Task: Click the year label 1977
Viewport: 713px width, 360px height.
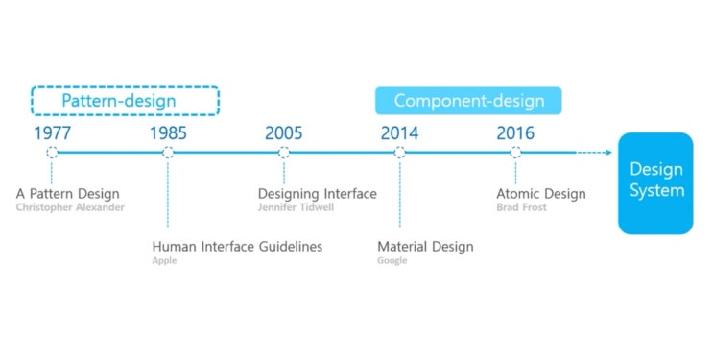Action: coord(52,132)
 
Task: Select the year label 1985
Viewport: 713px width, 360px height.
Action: coord(168,132)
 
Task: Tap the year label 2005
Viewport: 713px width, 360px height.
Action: coord(284,132)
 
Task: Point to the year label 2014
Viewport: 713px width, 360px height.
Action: coord(400,132)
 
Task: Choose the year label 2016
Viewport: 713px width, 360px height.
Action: coord(515,132)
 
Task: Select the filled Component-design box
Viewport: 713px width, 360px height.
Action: coord(468,101)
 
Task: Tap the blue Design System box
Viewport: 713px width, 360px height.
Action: coord(655,183)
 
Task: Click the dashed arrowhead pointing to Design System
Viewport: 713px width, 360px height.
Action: coord(609,153)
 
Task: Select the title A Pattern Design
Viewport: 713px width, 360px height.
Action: coord(68,194)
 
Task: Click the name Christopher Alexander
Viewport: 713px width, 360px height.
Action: coord(70,207)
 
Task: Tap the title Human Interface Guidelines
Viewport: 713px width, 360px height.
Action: coord(237,247)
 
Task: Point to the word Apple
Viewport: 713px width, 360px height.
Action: coord(165,261)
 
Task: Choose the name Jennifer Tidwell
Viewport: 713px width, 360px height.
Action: coord(296,207)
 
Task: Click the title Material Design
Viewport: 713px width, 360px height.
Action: coord(426,247)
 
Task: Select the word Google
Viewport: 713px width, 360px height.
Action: coord(392,261)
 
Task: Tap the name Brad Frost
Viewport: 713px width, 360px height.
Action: coord(522,207)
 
